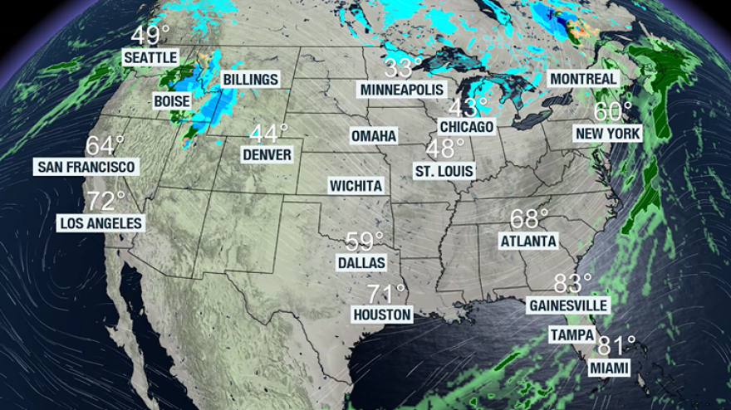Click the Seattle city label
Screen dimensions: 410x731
tap(151, 57)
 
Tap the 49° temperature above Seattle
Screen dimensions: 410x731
tap(150, 37)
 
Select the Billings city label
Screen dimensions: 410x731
tap(250, 80)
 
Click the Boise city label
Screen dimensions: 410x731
tap(171, 100)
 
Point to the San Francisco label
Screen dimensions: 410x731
tap(86, 167)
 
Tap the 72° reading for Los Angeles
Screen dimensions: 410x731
tap(105, 202)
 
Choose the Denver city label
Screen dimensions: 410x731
tap(267, 154)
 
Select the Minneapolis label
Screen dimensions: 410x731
tap(402, 89)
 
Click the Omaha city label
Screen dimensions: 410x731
tap(374, 135)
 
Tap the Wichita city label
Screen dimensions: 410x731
tap(356, 185)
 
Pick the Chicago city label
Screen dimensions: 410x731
tap(466, 126)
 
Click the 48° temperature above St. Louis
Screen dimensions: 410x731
tap(445, 149)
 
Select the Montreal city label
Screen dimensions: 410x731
tap(583, 79)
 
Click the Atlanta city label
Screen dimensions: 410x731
tap(528, 241)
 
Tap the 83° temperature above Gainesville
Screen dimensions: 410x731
tap(572, 284)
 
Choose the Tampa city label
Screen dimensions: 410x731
tap(572, 335)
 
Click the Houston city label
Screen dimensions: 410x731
tap(382, 315)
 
